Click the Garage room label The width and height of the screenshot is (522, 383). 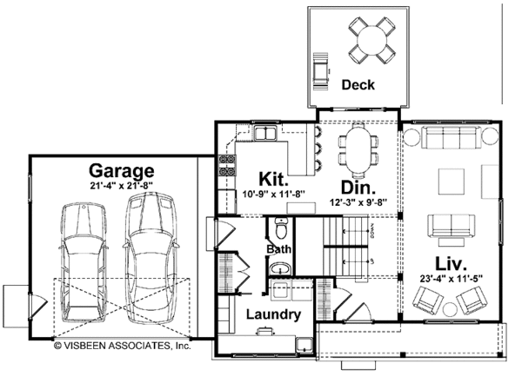point(121,171)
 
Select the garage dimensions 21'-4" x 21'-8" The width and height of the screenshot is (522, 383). point(121,186)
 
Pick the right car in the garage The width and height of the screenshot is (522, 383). point(146,256)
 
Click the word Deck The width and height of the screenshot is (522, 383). point(358,85)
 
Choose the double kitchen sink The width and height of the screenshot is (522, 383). point(265,134)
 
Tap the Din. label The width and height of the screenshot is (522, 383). point(358,188)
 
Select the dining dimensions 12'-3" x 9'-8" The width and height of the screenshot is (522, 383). point(358,202)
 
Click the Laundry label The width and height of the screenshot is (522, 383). point(272,314)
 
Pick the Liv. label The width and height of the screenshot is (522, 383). point(451,261)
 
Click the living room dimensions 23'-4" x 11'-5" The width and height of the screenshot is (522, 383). point(451,279)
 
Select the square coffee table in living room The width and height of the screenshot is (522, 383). point(451,182)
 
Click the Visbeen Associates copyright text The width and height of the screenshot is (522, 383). point(121,345)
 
